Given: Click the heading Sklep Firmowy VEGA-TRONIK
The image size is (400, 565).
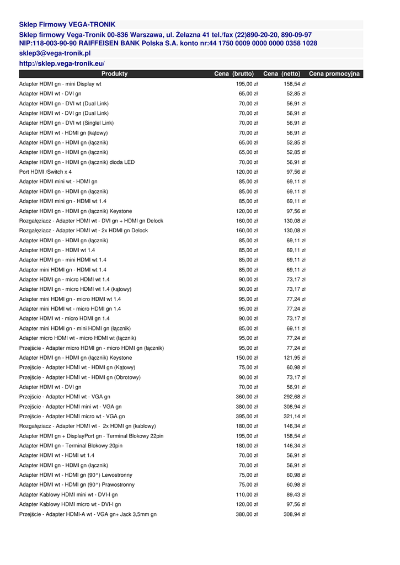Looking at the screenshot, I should pos(67,25).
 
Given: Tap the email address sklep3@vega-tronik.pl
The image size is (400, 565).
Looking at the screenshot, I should pos(55,54).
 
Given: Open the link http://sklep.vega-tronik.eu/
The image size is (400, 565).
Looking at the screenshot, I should pos(62,64).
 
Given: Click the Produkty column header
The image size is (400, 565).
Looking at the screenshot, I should pos(114,74).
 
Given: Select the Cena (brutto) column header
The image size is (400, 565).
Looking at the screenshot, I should pos(234,74).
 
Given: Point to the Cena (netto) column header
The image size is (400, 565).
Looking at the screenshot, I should pos(281,74).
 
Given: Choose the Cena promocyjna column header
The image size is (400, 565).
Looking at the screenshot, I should pos(334,74).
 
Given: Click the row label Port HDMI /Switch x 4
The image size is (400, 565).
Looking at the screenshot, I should pos(45,172).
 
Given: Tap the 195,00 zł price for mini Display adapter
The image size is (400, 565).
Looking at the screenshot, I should pos(247,84).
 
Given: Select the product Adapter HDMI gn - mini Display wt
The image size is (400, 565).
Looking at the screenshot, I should pos(60,84).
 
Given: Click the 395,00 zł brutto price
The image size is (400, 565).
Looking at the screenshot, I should pos(247,417).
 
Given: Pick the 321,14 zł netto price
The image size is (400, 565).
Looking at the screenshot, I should pos(295,417).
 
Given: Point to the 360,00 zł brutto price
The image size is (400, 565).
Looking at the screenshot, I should pos(247,397).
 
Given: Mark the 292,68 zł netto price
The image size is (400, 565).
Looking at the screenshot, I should pos(295,397).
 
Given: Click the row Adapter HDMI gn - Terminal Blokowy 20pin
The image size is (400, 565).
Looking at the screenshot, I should pos(71,446).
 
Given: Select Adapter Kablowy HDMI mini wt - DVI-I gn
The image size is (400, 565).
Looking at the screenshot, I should pos(68,495).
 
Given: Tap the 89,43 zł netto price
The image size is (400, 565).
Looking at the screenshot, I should pos(296,495).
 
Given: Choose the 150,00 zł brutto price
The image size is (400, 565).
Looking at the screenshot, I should pos(247,358).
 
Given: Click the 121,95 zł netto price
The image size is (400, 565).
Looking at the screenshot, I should pos(295,358).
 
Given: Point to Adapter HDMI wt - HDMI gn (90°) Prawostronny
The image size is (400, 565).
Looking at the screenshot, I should pos(77,485).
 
